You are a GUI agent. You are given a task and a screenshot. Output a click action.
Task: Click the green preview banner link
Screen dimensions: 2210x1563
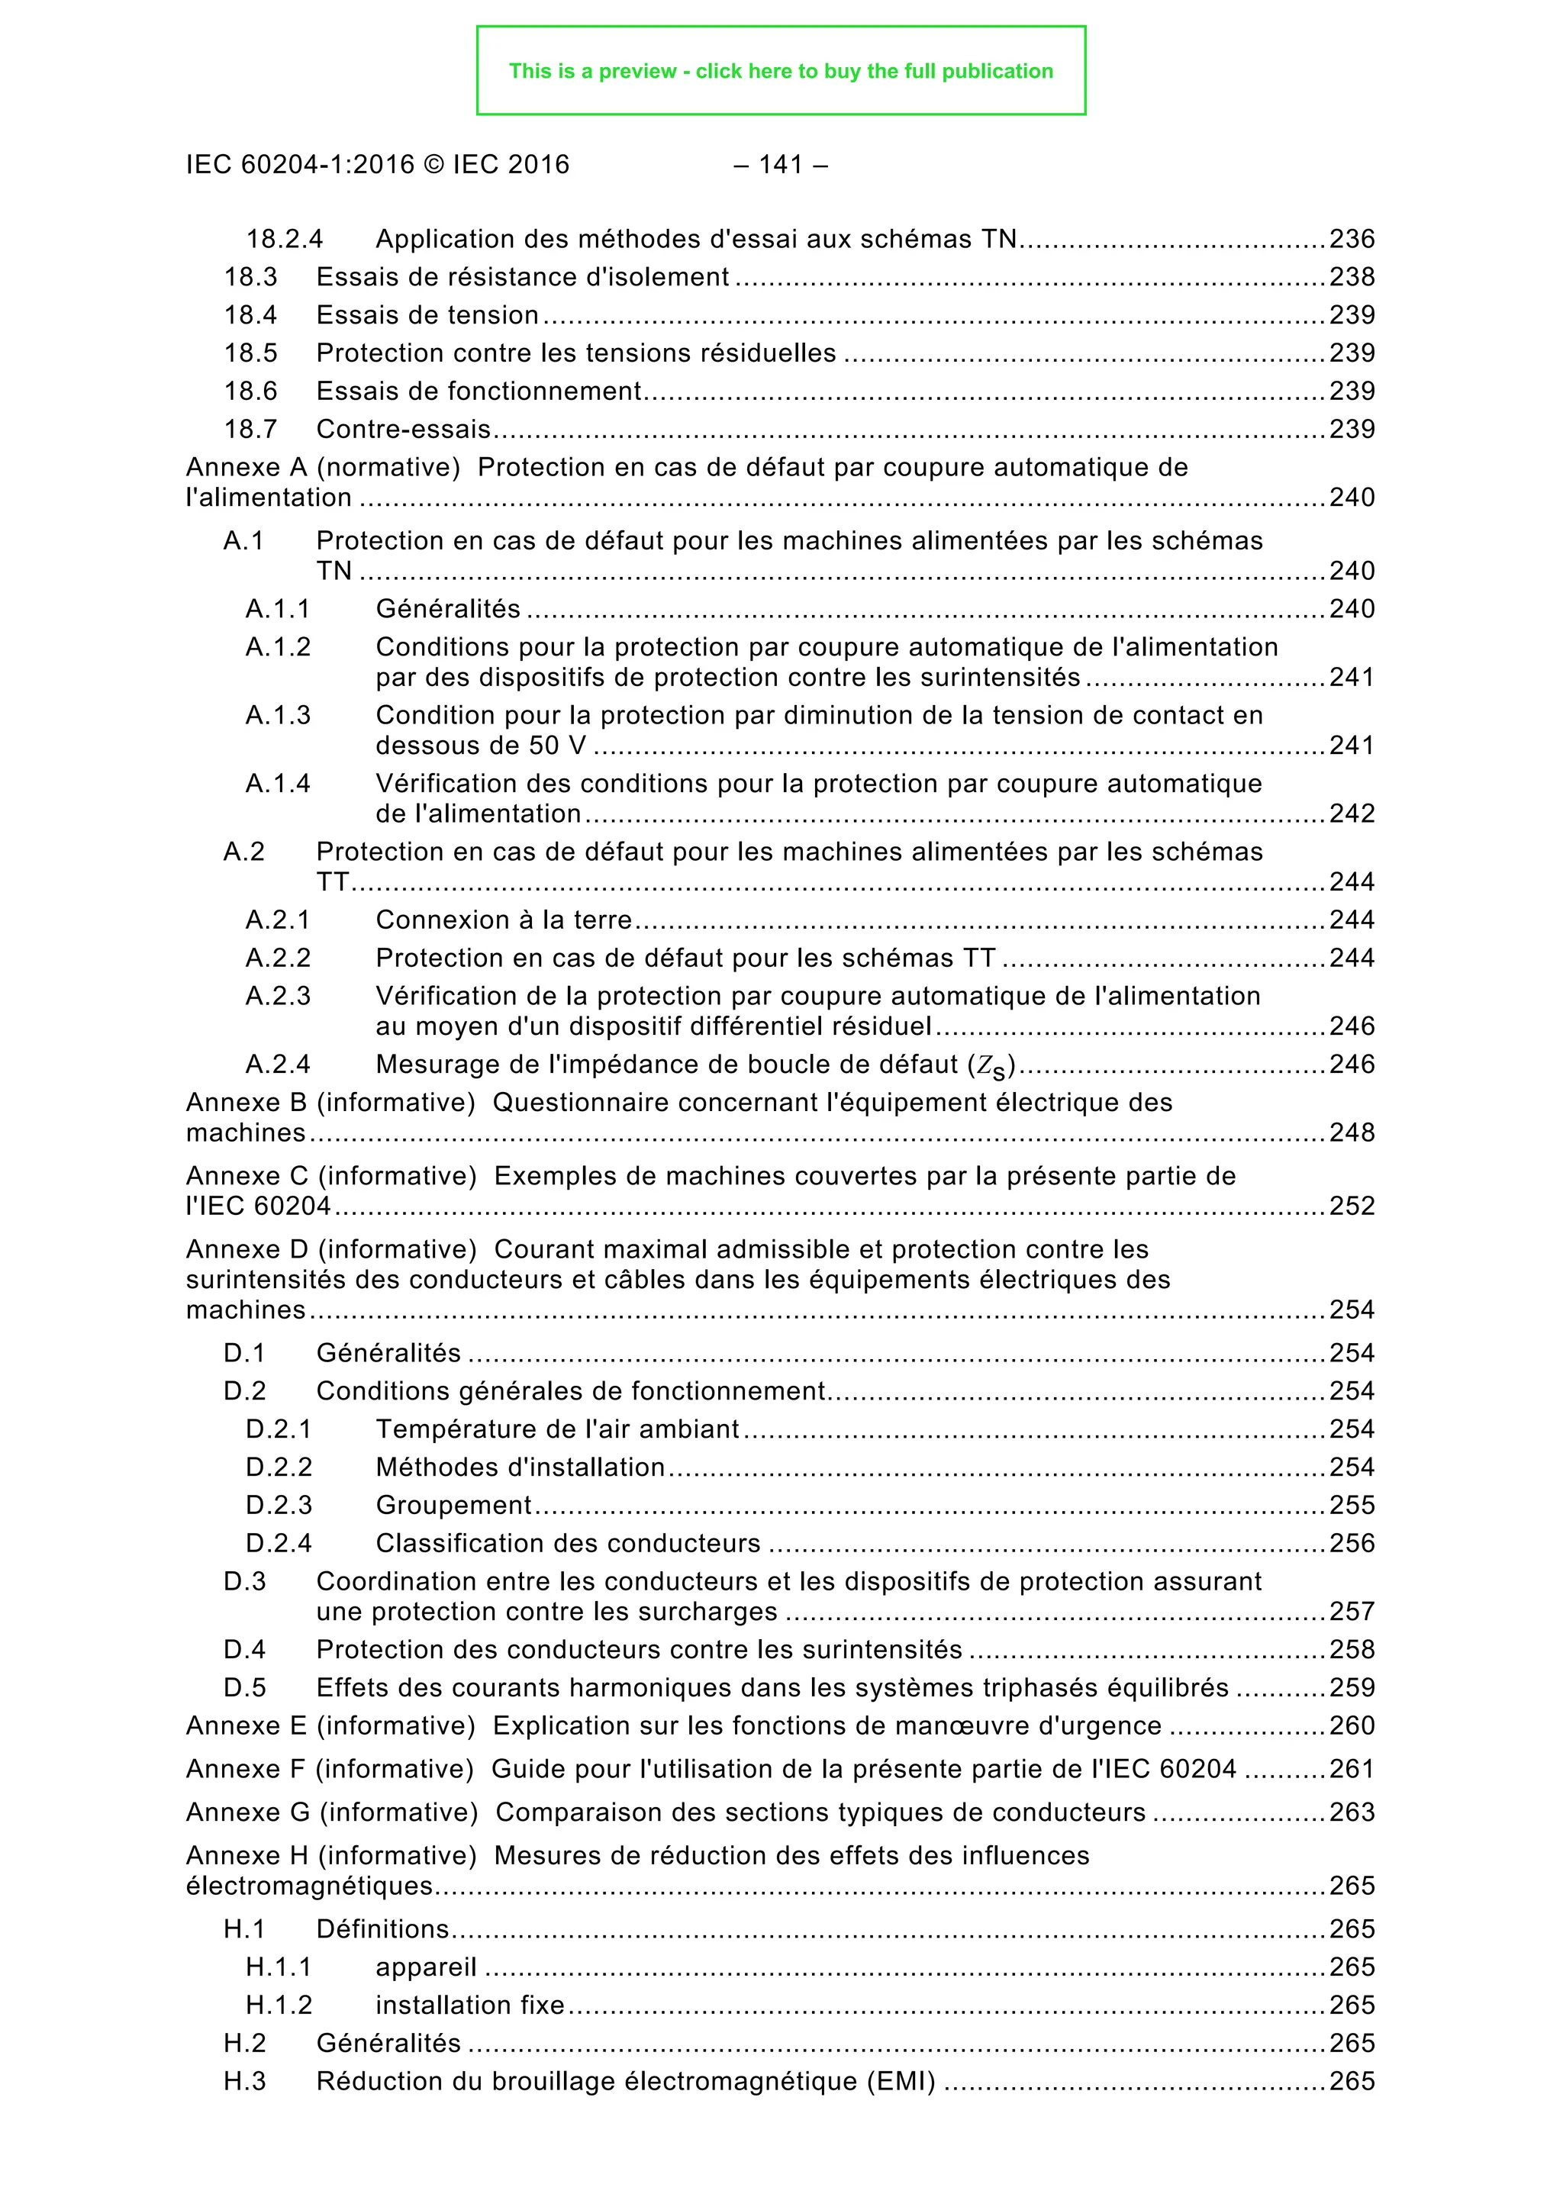(781, 71)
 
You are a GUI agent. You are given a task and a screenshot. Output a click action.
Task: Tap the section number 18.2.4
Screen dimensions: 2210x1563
(284, 239)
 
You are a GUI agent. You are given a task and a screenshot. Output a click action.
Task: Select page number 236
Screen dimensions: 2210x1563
(1352, 239)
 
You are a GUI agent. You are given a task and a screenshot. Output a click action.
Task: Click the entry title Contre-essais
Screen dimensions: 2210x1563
(403, 430)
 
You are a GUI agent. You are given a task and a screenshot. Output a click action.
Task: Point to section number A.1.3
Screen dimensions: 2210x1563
(278, 715)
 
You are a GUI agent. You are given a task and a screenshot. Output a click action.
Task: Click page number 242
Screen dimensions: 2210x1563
(1352, 814)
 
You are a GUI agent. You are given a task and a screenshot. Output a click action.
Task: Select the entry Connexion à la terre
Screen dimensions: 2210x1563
(504, 920)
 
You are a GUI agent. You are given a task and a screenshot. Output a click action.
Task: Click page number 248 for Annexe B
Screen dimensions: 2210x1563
(1352, 1133)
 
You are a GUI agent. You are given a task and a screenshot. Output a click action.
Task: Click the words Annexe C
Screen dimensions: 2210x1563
(247, 1176)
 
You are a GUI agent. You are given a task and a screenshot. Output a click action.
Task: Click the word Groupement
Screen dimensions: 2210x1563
(453, 1506)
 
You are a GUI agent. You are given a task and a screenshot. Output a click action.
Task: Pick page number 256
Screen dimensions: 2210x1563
(1352, 1544)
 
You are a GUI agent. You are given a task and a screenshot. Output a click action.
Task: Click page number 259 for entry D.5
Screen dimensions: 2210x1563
(1352, 1688)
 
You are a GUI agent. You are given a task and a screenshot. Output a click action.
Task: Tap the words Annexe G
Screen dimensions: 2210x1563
(248, 1812)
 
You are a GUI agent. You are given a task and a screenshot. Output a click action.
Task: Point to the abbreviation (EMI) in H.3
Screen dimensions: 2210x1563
(901, 2082)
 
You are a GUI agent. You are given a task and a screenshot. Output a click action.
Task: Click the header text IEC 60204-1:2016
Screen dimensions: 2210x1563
(299, 165)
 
